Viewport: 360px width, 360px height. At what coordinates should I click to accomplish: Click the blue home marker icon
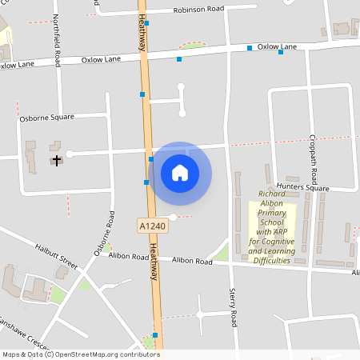(180, 172)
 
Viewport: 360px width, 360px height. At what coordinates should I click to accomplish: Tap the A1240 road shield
(152, 226)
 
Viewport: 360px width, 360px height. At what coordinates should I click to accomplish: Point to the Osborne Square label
(46, 117)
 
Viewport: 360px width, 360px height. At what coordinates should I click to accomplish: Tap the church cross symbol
(56, 160)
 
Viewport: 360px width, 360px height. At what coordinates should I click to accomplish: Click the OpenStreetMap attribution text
(80, 354)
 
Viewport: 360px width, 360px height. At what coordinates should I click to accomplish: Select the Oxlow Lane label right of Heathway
(277, 47)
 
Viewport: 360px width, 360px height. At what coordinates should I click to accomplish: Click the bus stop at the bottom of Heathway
(155, 334)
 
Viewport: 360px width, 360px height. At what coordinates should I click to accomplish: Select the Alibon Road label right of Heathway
(192, 261)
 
